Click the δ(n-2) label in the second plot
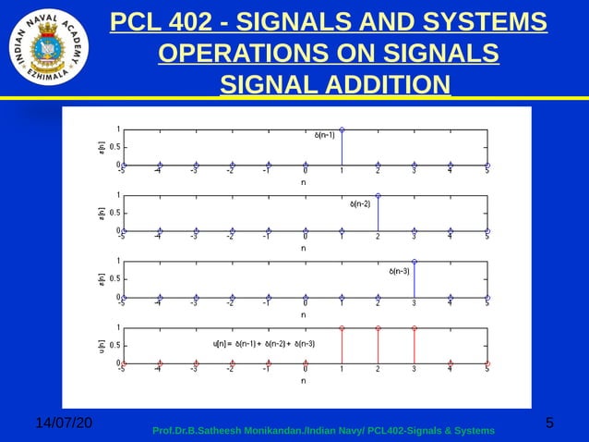click(x=360, y=203)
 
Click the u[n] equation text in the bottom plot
click(x=264, y=344)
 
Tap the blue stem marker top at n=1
click(x=342, y=129)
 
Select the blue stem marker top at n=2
click(x=379, y=195)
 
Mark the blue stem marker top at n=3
click(x=415, y=262)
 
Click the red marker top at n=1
click(x=342, y=328)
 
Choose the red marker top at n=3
click(x=415, y=328)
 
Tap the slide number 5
click(x=550, y=424)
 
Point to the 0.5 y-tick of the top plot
click(x=113, y=146)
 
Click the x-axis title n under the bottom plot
click(x=304, y=380)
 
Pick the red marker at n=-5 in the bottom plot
click(x=124, y=363)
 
